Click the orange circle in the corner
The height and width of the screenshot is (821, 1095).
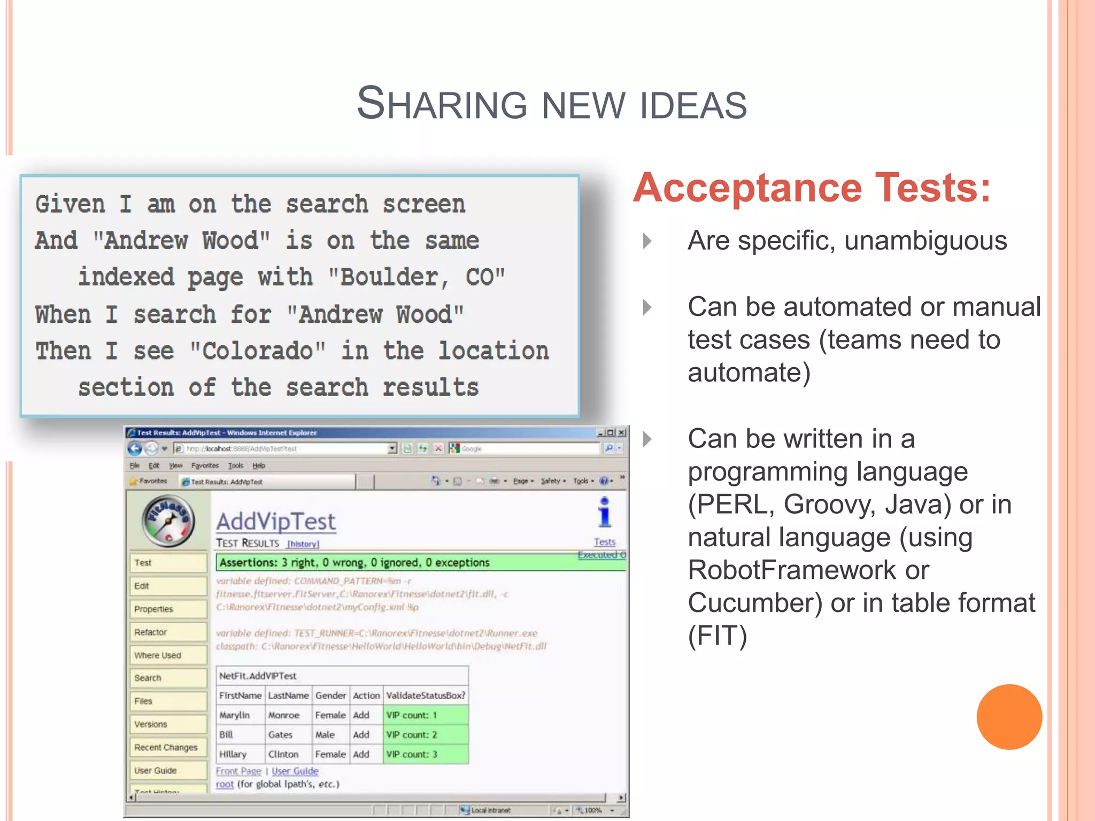pos(1009,717)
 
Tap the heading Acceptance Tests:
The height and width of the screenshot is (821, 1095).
pos(812,188)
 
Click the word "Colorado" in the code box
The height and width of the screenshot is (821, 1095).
pos(258,351)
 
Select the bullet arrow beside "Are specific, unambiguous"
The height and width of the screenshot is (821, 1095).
pos(647,241)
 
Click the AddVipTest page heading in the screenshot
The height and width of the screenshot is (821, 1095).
pos(276,522)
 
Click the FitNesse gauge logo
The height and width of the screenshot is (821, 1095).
pos(168,521)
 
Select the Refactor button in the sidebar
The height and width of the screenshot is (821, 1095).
pos(167,632)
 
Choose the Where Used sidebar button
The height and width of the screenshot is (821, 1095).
pos(167,655)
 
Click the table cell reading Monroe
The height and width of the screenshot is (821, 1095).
pos(284,715)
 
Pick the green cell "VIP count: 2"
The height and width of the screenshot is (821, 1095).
pos(425,735)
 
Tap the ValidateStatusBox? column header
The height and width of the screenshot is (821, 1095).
pos(426,695)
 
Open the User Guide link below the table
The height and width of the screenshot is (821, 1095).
pos(295,771)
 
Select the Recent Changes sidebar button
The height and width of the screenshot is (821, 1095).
pos(167,747)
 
